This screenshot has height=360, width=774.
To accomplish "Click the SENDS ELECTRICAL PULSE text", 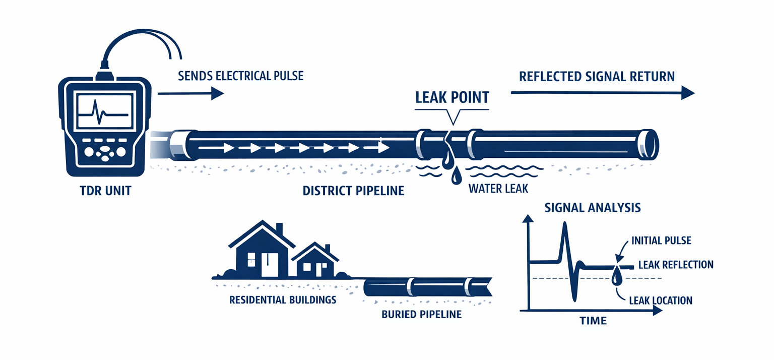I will coord(241,76).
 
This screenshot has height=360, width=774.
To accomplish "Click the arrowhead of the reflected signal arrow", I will coord(687,93).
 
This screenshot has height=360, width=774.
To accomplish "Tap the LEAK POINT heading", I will coord(452,97).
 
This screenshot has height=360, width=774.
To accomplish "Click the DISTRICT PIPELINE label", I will coord(354,192).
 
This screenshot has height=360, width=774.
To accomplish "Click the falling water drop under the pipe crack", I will coord(457,176).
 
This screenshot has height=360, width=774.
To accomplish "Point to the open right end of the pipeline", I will coord(652,145).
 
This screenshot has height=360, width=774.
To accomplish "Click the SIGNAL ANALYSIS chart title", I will coord(593,207).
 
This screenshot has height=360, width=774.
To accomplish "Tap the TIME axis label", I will coord(593,321).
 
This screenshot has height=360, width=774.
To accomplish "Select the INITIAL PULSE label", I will coord(661,241).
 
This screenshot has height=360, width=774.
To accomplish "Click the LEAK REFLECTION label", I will coord(675,265).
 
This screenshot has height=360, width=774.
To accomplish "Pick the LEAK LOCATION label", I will coord(661,301).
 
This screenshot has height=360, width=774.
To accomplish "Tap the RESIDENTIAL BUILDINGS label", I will coord(282,299).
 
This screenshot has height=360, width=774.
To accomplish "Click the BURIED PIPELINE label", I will coord(422,315).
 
